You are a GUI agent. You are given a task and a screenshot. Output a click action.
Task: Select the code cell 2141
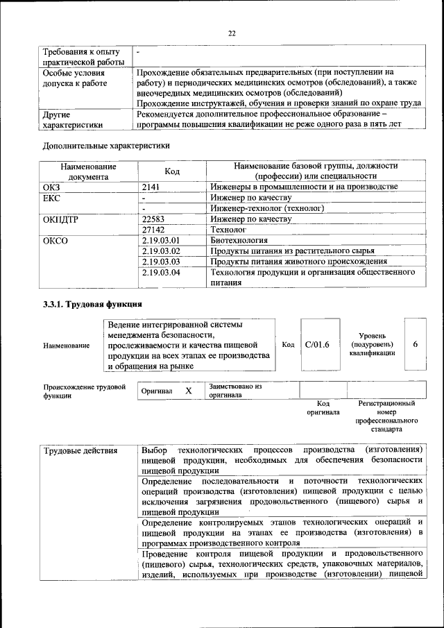[151, 187]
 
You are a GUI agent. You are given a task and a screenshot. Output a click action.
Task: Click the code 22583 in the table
[153, 219]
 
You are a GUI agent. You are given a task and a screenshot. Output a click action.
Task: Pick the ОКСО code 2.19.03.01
[160, 239]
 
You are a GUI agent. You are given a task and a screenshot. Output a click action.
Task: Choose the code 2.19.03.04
[160, 273]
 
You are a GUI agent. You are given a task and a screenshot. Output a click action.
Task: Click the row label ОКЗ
[53, 187]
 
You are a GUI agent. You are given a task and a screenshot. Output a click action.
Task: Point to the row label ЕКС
[53, 198]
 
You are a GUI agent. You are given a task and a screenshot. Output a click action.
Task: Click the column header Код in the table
[173, 171]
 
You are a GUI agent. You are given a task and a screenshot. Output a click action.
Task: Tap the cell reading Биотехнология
[238, 239]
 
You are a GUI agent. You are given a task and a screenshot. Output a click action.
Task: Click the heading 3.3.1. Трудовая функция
[92, 304]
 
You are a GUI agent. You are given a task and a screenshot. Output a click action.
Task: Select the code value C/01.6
[316, 344]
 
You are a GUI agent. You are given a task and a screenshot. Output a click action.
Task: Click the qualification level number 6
[415, 344]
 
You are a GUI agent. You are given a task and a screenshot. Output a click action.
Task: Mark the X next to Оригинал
[188, 391]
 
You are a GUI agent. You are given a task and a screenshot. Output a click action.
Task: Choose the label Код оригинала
[323, 407]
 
